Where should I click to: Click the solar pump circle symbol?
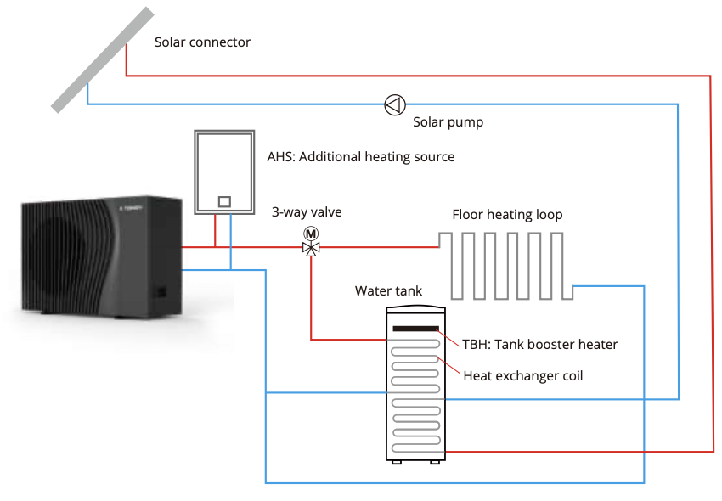395,104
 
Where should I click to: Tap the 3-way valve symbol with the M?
311,247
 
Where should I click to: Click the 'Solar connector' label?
202,42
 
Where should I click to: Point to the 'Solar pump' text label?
448,122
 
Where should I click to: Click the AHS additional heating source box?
224,172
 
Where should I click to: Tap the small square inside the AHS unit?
224,201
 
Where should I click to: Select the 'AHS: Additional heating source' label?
361,157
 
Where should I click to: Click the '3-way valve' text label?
307,212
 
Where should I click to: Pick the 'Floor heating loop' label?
507,215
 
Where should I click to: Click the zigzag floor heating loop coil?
506,264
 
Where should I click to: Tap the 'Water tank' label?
388,291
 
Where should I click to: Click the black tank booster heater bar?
415,329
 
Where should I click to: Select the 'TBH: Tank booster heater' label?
539,344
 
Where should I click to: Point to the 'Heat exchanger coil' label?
523,375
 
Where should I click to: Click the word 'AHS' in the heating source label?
281,157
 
